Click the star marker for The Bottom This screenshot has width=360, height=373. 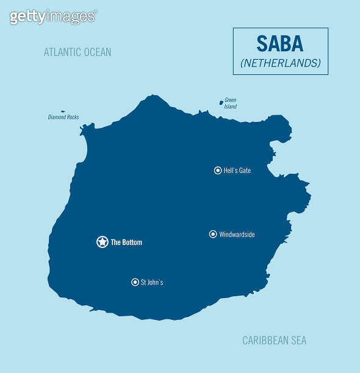(x=103, y=242)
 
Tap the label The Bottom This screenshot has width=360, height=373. (x=126, y=243)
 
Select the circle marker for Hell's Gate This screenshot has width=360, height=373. (x=218, y=171)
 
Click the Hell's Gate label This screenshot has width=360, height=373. (x=237, y=171)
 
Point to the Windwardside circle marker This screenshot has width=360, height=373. (x=213, y=234)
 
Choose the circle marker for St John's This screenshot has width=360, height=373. (x=135, y=282)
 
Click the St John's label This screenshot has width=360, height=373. (x=152, y=283)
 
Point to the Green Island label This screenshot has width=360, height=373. (x=230, y=103)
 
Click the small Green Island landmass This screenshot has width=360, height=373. (x=221, y=102)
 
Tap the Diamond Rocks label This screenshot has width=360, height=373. (x=63, y=117)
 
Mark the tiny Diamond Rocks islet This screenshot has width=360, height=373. (x=63, y=112)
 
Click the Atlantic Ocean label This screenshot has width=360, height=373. (x=77, y=52)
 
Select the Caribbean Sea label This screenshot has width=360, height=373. (x=274, y=341)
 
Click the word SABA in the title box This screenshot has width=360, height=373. (x=280, y=44)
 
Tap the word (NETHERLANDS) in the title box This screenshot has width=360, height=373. (x=281, y=63)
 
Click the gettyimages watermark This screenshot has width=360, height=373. (x=53, y=16)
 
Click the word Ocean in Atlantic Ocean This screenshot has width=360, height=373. (x=97, y=52)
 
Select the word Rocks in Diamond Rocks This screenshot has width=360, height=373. (x=72, y=117)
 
